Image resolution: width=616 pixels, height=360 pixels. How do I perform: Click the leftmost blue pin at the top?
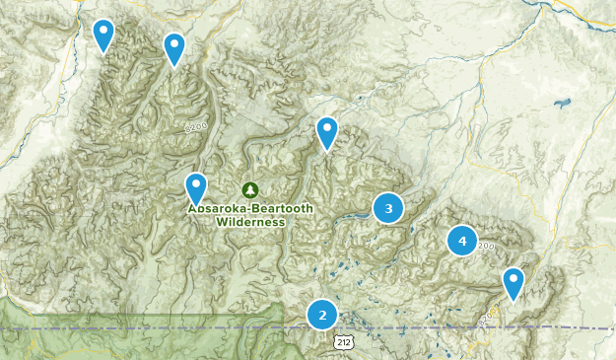pyautogui.click(x=103, y=35)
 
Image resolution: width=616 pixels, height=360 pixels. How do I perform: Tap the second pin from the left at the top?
pyautogui.click(x=174, y=47)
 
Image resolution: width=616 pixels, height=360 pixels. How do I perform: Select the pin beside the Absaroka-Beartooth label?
pyautogui.click(x=196, y=186)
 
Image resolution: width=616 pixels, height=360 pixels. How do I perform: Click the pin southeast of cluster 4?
pyautogui.click(x=513, y=282)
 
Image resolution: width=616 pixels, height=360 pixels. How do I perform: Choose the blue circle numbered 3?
pyautogui.click(x=388, y=208)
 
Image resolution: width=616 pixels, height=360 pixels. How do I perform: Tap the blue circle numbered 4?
pyautogui.click(x=461, y=240)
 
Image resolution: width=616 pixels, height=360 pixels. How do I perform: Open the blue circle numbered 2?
pyautogui.click(x=321, y=315)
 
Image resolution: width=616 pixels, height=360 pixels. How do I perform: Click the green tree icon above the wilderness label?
pyautogui.click(x=249, y=189)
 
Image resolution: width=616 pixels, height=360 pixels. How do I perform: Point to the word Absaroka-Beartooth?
pyautogui.click(x=250, y=209)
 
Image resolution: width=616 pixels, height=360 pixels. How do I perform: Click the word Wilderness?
pyautogui.click(x=250, y=222)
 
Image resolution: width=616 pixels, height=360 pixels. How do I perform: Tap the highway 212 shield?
pyautogui.click(x=341, y=341)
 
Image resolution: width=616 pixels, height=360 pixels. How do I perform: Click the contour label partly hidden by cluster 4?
pyautogui.click(x=484, y=247)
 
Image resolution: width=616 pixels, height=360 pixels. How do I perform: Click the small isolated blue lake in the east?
pyautogui.click(x=563, y=102)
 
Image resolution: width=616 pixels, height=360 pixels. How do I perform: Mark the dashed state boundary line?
pyautogui.click(x=444, y=327)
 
